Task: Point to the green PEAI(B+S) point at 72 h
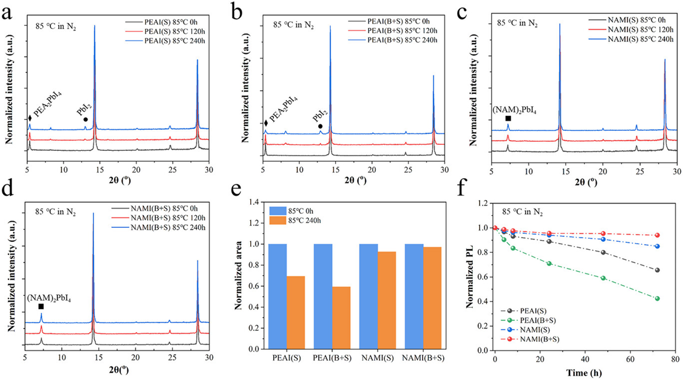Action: coord(658,298)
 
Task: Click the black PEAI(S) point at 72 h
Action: coord(658,270)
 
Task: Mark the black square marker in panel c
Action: coord(508,119)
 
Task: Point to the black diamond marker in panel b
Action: coord(265,124)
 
